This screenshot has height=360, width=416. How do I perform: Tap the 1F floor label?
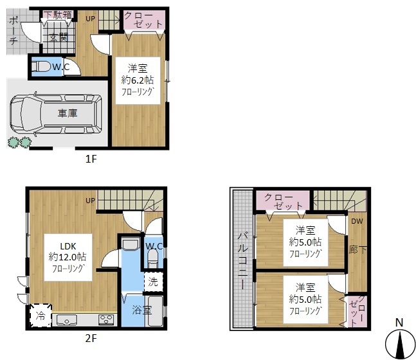pyautogui.click(x=90, y=159)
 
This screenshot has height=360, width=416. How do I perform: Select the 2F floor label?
pyautogui.click(x=90, y=337)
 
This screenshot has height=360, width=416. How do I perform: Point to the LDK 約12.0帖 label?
pyautogui.click(x=68, y=257)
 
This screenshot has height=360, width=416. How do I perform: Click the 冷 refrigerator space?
pyautogui.click(x=40, y=316)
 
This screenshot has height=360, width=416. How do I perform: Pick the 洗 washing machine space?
pyautogui.click(x=153, y=281)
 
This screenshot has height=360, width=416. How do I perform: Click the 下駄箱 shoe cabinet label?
pyautogui.click(x=58, y=14)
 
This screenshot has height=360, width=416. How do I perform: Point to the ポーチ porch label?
pyautogui.click(x=14, y=30)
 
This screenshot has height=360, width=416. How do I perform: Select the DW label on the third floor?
pyautogui.click(x=357, y=221)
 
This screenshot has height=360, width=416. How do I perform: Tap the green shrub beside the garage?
pyautogui.click(x=18, y=142)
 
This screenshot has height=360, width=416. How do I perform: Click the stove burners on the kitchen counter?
pyautogui.click(x=106, y=319)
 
